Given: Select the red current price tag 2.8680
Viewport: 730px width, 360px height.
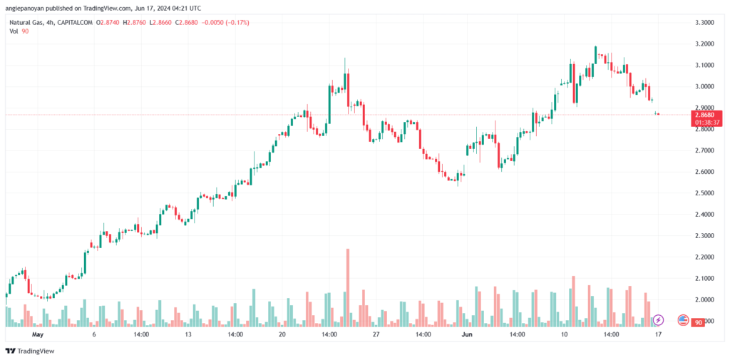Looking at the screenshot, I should pyautogui.click(x=707, y=114).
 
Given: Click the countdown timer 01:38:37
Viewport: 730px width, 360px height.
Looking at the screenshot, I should pyautogui.click(x=707, y=122).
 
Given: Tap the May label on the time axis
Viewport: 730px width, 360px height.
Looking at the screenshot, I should pyautogui.click(x=37, y=334).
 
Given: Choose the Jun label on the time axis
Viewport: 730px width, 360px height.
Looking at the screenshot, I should pyautogui.click(x=467, y=334).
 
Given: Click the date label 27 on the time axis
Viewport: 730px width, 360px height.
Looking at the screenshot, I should pyautogui.click(x=376, y=334).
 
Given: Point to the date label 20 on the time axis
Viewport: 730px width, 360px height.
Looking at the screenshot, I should pyautogui.click(x=282, y=334).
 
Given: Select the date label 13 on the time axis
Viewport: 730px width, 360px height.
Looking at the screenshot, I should pyautogui.click(x=188, y=334).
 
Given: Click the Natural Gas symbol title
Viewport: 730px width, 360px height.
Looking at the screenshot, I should pyautogui.click(x=24, y=23).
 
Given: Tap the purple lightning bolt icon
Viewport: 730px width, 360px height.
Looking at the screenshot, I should pyautogui.click(x=659, y=321).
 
